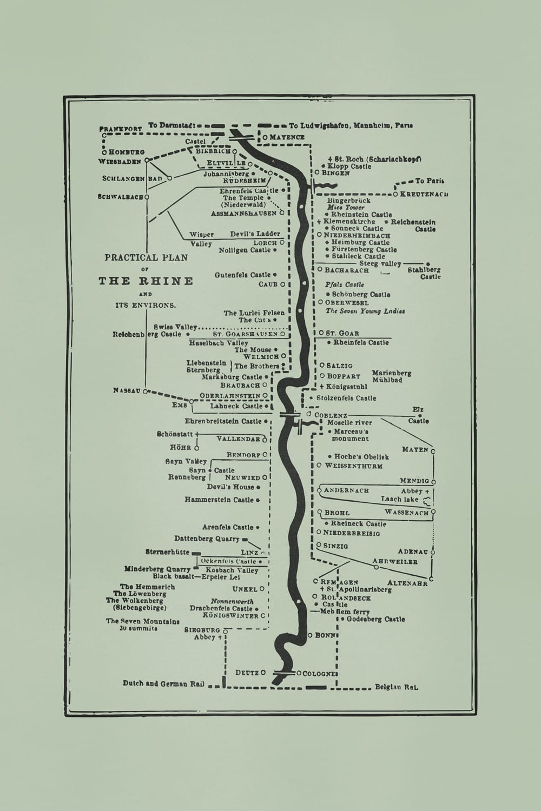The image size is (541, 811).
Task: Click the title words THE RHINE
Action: click(x=146, y=281)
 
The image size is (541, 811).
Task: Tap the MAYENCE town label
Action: click(x=287, y=137)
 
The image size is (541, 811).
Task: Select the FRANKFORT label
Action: click(x=120, y=129)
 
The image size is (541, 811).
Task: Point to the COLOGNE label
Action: click(x=320, y=674)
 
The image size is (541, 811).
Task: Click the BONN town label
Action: click(x=326, y=635)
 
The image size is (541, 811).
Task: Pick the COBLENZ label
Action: click(x=331, y=415)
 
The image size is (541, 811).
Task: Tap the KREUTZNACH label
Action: click(x=424, y=194)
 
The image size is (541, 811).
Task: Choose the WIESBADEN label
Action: click(x=120, y=161)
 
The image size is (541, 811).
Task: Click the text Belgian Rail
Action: click(x=397, y=688)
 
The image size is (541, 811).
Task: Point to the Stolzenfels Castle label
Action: click(x=346, y=398)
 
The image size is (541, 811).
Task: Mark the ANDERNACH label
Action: click(x=346, y=490)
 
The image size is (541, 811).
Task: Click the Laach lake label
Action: click(x=400, y=500)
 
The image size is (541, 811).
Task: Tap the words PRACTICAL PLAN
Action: click(x=146, y=258)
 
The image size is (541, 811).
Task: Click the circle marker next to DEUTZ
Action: click(x=263, y=673)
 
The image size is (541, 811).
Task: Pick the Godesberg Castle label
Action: click(x=375, y=619)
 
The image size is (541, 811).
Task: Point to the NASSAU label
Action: click(x=127, y=390)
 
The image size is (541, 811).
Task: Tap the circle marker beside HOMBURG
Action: click(x=104, y=152)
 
